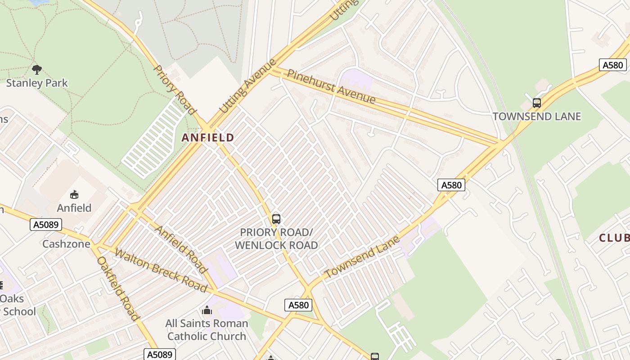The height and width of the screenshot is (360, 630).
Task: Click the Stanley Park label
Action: click(37, 83)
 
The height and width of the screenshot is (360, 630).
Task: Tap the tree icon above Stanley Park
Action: click(37, 69)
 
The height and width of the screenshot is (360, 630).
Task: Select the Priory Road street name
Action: click(175, 90)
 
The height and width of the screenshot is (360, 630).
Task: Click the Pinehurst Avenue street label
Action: click(331, 86)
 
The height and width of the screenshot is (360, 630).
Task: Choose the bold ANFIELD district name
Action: click(208, 138)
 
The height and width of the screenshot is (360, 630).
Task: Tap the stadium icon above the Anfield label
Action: click(74, 194)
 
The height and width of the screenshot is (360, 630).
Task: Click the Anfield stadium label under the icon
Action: click(74, 208)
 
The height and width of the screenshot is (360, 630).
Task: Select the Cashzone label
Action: click(66, 244)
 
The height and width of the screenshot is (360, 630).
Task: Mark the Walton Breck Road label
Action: click(160, 270)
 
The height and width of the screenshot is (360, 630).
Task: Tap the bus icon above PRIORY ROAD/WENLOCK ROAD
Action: click(276, 219)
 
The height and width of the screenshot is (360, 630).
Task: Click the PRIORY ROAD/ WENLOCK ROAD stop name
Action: click(276, 239)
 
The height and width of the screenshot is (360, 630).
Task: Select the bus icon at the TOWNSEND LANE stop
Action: click(536, 103)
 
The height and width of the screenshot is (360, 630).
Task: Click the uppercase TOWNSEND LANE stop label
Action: click(536, 117)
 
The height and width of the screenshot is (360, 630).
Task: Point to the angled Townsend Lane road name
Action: click(362, 257)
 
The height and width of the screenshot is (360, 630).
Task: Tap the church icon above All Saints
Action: click(207, 310)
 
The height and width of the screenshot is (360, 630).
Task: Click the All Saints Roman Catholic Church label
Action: click(207, 330)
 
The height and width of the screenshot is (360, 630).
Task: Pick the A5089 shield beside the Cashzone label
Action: click(46, 224)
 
